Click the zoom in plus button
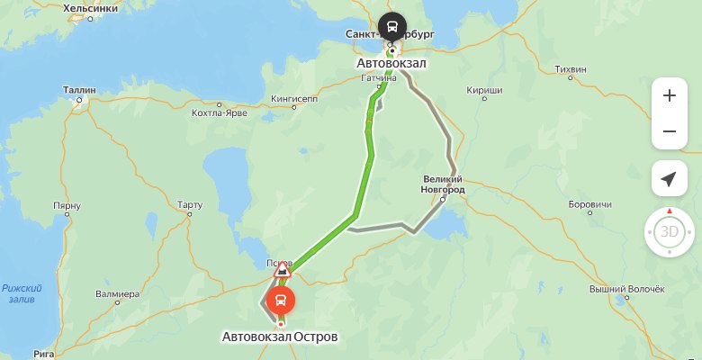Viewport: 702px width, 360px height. click(x=669, y=95)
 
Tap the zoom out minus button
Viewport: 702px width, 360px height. click(x=669, y=131)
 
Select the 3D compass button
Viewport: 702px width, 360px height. click(x=669, y=232)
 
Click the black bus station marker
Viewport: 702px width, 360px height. click(x=391, y=26)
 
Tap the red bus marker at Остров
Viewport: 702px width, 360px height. click(x=281, y=300)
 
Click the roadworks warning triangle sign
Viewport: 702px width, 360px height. click(x=283, y=268)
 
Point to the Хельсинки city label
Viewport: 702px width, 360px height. click(x=92, y=8)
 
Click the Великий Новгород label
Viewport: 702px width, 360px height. click(x=443, y=185)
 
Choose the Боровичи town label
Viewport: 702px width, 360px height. click(x=590, y=202)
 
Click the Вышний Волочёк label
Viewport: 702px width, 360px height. click(x=625, y=289)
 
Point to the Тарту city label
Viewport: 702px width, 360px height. click(x=191, y=204)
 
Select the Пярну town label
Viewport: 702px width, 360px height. click(x=67, y=206)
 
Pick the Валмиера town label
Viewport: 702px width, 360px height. click(x=118, y=294)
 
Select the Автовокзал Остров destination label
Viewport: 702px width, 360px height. click(x=280, y=337)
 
